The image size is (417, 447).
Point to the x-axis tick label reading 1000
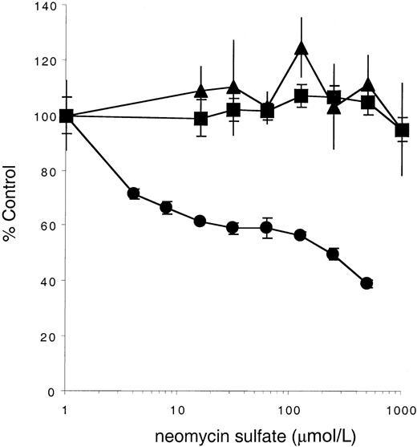398,407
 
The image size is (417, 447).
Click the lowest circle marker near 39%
367,283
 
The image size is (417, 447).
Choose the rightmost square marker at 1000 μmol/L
402,130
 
